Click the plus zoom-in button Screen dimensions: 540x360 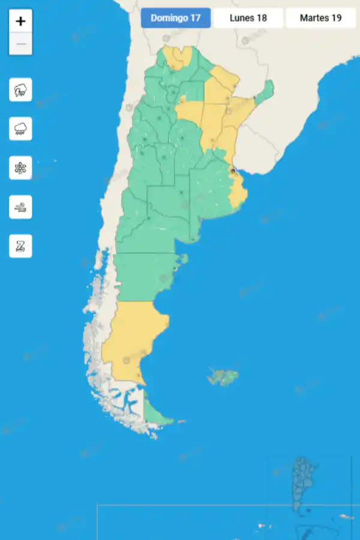(20, 22)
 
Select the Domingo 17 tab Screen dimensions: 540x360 (176, 18)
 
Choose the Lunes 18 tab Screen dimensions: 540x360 (248, 18)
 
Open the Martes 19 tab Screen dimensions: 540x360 (320, 18)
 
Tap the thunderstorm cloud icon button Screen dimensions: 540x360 (20, 90)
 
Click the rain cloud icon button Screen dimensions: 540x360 (20, 129)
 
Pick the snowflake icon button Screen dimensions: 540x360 (20, 168)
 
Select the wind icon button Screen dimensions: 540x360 (20, 207)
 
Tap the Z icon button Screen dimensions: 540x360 (20, 246)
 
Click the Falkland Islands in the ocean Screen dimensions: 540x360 (223, 377)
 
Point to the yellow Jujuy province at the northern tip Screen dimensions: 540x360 (177, 58)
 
